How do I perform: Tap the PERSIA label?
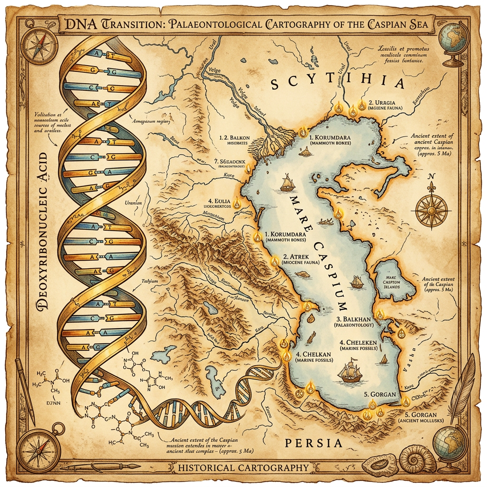[x=313, y=443]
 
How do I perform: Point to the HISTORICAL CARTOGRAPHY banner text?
[x=243, y=468]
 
